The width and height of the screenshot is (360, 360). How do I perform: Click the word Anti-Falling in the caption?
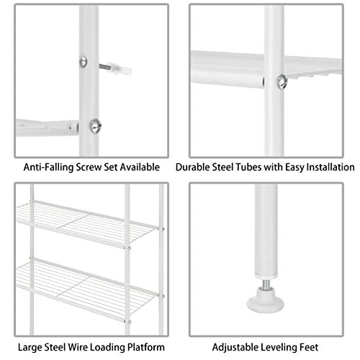(48, 167)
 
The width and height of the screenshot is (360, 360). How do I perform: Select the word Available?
(140, 167)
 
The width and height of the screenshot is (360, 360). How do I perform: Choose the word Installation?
(330, 167)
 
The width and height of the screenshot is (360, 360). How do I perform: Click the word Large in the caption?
(30, 347)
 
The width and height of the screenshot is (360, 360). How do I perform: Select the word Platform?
(146, 347)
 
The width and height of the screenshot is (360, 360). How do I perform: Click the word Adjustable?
(235, 347)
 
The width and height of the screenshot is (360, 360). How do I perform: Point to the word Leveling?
(279, 347)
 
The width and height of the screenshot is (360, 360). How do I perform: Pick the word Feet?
(310, 347)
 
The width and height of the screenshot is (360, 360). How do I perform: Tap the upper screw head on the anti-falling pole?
(84, 62)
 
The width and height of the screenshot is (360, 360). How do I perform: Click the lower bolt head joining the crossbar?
(95, 126)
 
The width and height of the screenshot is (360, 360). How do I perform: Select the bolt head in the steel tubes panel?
(282, 82)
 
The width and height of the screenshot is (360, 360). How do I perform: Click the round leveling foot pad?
(266, 300)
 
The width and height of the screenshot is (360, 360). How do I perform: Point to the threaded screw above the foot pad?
(265, 284)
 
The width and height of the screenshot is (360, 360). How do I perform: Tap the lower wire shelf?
(87, 290)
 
